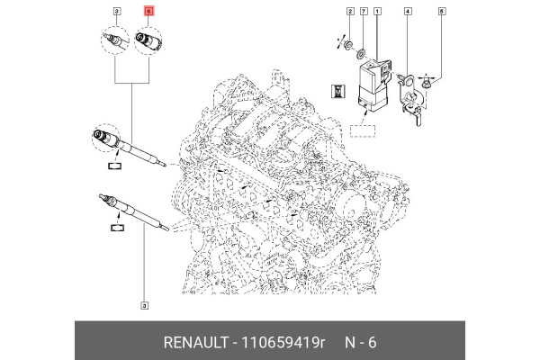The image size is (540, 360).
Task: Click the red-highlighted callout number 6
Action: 149,11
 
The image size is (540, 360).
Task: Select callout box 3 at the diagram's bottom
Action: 144,305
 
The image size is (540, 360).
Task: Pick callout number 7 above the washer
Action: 364,11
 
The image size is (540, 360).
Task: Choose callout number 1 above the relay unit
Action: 377,11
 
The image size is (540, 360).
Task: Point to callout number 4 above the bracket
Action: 408,11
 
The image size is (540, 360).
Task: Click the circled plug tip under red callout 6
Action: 148,40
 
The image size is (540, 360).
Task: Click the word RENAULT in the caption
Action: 196,343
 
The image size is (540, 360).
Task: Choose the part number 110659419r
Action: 281,343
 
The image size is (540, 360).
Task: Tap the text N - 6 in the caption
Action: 359,343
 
